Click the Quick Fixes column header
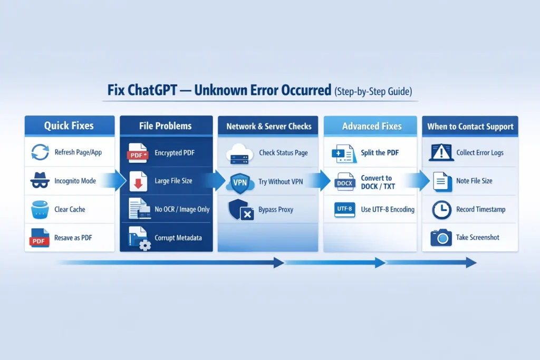coord(69,126)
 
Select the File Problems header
coord(166,126)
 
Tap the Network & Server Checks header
coord(269,127)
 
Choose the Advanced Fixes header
coord(371,127)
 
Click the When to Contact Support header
coord(470,127)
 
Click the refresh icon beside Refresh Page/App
coord(41,153)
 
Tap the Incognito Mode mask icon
coord(40,181)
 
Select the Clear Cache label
coord(70,209)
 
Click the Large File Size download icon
coord(139,181)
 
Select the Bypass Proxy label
coord(276,210)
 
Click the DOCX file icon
coord(344,182)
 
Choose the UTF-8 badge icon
coord(344,209)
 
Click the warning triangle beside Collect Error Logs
coord(441,153)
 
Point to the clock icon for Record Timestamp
coord(441,210)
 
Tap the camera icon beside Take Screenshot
coord(441,238)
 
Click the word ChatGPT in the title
coord(153,90)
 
